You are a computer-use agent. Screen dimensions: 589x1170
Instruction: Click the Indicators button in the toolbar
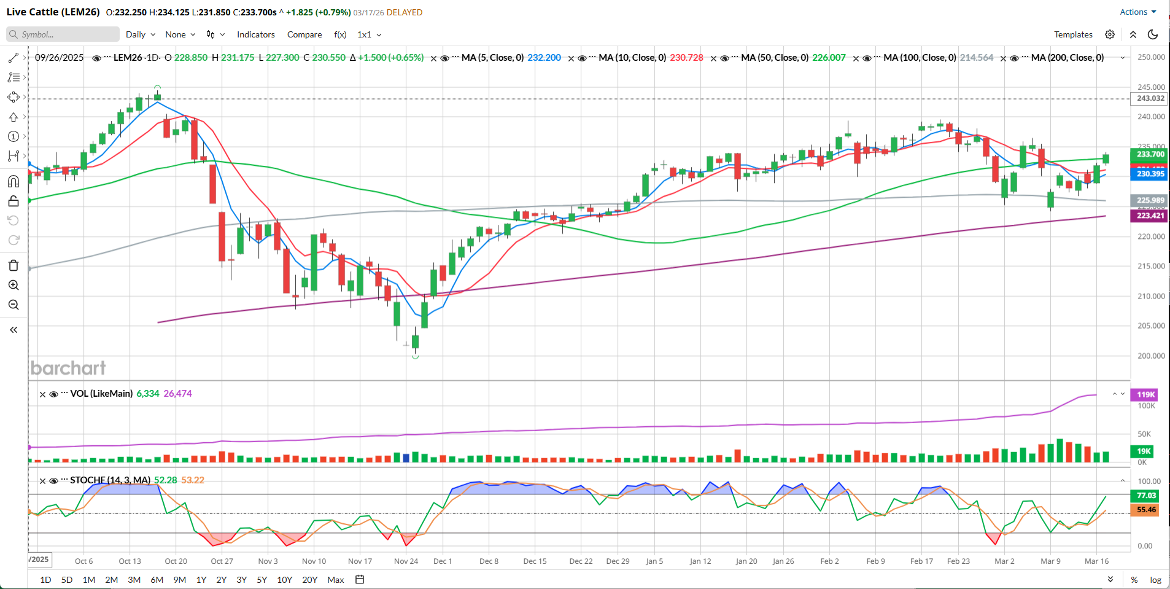[256, 34]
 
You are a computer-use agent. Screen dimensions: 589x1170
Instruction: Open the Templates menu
[1073, 34]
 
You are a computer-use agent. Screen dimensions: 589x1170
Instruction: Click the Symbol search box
[63, 34]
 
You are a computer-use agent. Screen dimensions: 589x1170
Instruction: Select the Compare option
[304, 34]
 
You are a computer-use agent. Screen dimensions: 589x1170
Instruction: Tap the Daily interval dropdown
[141, 34]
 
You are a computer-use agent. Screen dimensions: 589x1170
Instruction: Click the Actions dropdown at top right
[1137, 12]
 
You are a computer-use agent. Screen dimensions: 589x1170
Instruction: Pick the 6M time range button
[157, 580]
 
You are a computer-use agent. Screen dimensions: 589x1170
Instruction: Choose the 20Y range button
[310, 580]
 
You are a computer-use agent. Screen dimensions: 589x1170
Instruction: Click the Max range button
[336, 580]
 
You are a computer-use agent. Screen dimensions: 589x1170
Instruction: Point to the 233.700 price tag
[1150, 154]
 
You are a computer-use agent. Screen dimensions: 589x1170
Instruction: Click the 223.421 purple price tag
[1150, 216]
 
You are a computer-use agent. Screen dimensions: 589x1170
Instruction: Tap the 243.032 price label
[1150, 98]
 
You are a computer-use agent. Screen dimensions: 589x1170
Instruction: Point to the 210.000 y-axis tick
[1151, 296]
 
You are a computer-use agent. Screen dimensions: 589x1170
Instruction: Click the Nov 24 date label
[406, 561]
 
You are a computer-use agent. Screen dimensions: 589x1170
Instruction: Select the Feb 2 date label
[829, 561]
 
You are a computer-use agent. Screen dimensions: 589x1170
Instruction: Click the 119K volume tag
[1145, 395]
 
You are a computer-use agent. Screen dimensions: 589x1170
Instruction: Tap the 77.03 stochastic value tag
[1145, 496]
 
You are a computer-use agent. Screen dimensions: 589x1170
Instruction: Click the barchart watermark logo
[68, 368]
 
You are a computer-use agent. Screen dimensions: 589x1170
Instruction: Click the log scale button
[1155, 580]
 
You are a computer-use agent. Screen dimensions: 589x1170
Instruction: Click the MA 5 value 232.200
[544, 58]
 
